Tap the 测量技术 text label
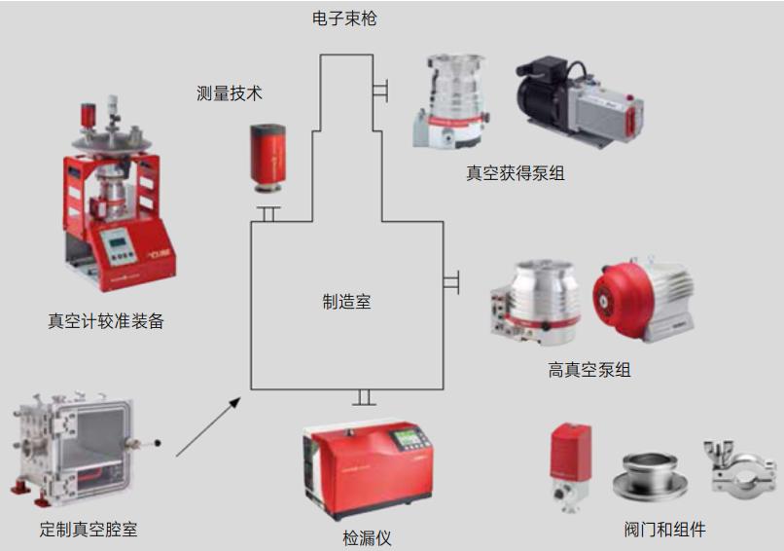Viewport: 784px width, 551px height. point(230,93)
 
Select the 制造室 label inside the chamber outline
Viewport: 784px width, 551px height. point(346,302)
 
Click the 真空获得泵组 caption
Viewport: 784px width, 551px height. point(516,173)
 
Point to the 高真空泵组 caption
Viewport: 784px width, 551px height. point(589,370)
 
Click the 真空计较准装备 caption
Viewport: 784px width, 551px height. point(106,320)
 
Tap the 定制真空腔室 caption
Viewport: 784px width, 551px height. point(89,531)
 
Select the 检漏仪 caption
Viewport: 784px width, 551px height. point(367,537)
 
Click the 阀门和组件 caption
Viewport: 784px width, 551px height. point(664,531)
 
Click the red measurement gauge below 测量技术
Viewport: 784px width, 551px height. point(267,160)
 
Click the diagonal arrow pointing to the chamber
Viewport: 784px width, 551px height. point(208,425)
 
